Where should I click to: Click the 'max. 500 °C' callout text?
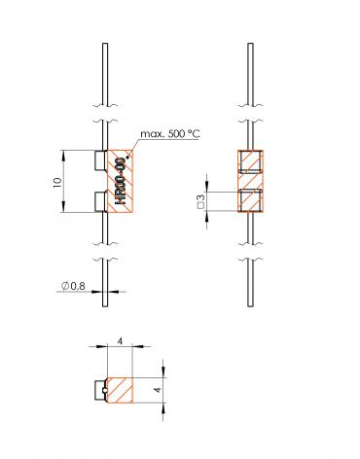pos(170,133)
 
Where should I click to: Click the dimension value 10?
pos(57,182)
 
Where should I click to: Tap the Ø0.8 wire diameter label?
pos(73,286)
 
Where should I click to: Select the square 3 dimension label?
pos(201,201)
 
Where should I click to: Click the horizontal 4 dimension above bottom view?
pos(120,341)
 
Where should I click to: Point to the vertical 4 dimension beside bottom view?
pos(158,390)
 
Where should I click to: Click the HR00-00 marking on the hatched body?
pos(122,181)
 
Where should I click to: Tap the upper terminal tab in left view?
pos(100,160)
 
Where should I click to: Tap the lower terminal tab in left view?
pos(100,201)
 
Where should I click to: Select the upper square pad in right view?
pos(250,161)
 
